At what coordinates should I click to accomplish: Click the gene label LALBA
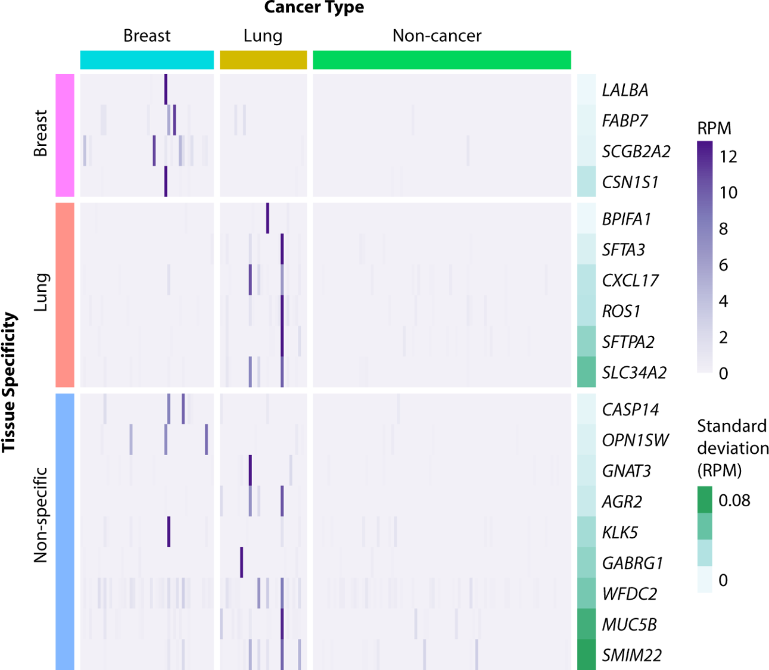(x=625, y=90)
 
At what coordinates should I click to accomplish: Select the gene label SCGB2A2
(x=636, y=151)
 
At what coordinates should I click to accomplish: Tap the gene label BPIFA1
(x=627, y=219)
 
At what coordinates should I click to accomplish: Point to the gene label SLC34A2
(x=634, y=373)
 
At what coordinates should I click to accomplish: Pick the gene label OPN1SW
(x=636, y=440)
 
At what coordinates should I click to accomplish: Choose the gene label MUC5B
(x=630, y=625)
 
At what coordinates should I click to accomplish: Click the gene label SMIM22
(x=632, y=655)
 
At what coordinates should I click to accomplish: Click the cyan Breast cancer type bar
(x=147, y=60)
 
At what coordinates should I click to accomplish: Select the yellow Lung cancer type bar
(x=263, y=60)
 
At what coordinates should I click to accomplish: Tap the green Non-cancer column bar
(x=441, y=60)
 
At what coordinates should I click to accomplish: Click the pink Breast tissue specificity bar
(x=65, y=135)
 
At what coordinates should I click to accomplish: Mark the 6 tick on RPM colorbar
(x=724, y=265)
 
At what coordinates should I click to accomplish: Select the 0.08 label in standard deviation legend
(x=734, y=500)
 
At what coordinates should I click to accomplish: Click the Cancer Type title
(x=314, y=8)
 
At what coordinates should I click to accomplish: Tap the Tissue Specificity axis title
(x=9, y=382)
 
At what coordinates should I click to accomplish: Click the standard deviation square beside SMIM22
(x=587, y=655)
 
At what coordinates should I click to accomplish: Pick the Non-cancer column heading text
(x=437, y=36)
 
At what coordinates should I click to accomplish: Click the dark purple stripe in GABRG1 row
(x=241, y=562)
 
